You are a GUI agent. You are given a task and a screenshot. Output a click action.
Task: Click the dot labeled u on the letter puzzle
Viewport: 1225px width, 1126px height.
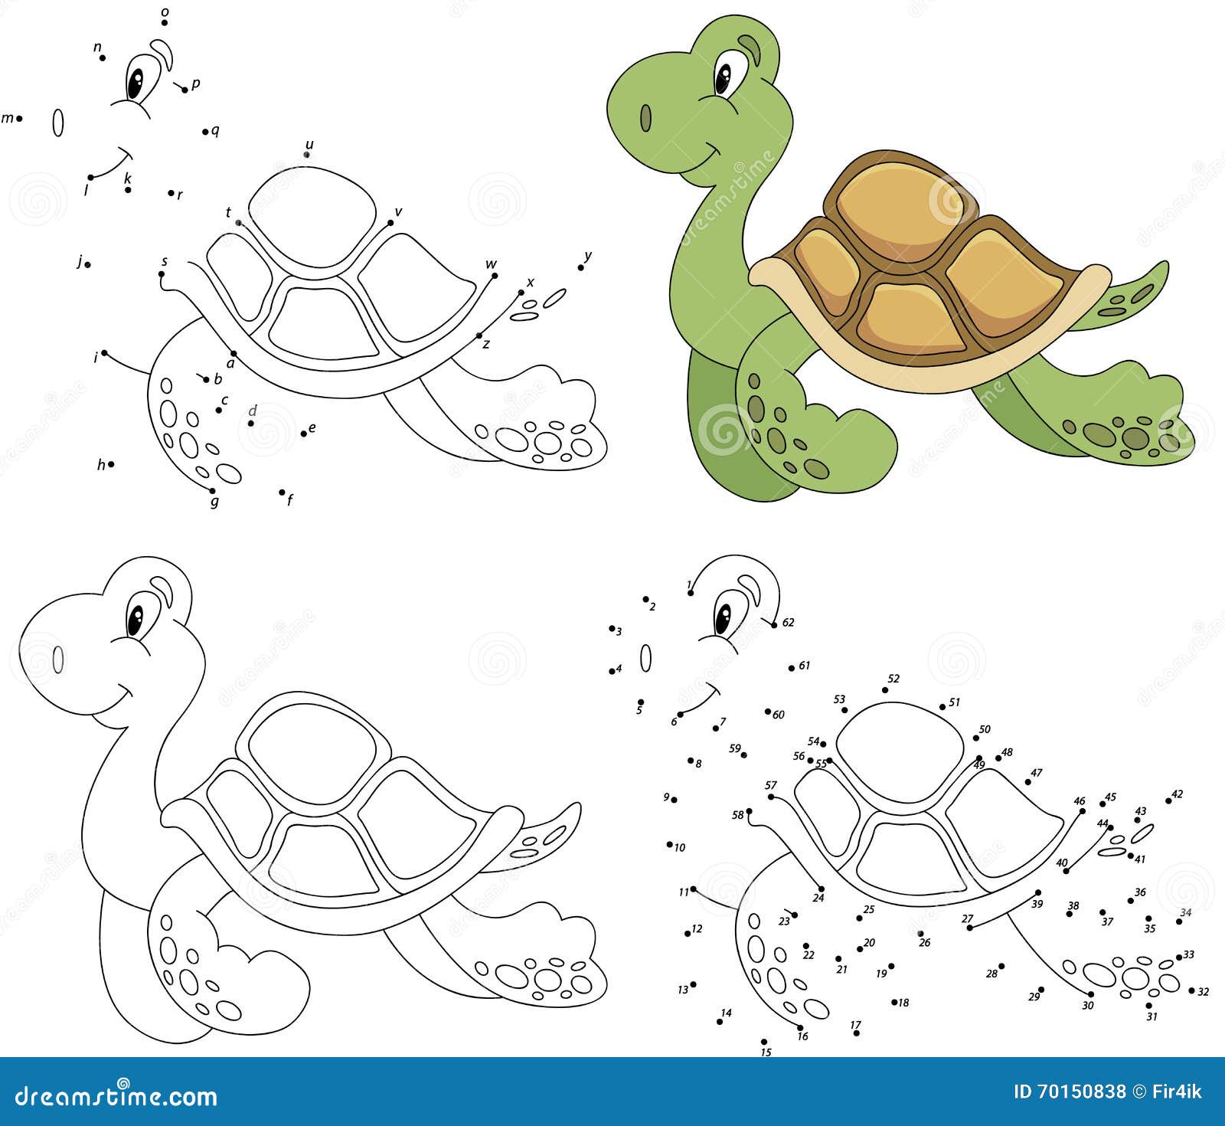(x=307, y=155)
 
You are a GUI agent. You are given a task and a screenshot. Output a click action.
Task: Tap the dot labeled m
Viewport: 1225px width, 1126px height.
(x=19, y=119)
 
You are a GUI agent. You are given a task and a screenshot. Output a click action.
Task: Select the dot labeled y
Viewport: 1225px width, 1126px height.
(x=581, y=267)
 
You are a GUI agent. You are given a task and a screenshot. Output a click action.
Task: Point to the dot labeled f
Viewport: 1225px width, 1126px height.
(x=282, y=493)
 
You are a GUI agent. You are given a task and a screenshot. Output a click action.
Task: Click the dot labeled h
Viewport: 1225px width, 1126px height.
(x=111, y=463)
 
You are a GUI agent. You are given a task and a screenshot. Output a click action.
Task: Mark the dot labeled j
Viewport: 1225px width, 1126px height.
(x=88, y=264)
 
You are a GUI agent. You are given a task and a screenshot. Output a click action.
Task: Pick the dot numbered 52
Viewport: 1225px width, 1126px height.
(x=885, y=690)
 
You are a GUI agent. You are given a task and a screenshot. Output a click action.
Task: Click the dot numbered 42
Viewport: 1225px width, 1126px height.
(x=1168, y=801)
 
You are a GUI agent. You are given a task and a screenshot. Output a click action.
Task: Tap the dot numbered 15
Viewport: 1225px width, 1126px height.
(x=763, y=1041)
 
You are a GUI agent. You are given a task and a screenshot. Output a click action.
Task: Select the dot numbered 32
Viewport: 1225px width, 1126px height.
(x=1191, y=990)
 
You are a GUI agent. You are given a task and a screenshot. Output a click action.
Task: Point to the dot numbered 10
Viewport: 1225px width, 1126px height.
(x=670, y=844)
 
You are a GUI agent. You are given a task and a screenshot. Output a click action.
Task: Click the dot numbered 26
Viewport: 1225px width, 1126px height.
(x=920, y=933)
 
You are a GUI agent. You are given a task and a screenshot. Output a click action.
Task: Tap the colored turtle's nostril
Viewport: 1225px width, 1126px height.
(x=645, y=117)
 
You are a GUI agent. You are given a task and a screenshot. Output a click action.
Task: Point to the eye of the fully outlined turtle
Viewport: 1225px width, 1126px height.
(x=136, y=619)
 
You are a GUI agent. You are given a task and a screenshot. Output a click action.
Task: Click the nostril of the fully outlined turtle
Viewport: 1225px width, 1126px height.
(x=58, y=659)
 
